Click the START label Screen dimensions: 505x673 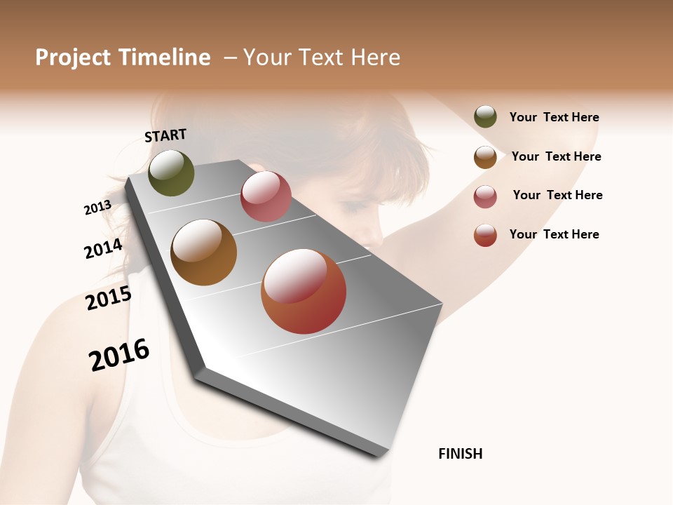click(x=165, y=135)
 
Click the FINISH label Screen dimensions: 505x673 click(x=461, y=454)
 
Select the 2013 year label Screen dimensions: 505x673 click(x=97, y=208)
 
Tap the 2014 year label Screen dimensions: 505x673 click(x=104, y=249)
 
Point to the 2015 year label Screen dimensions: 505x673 click(x=109, y=298)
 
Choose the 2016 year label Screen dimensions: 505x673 click(x=119, y=355)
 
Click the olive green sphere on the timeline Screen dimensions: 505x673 click(x=171, y=173)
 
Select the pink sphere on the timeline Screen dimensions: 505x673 click(x=266, y=196)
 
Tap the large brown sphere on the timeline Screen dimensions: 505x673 click(x=204, y=252)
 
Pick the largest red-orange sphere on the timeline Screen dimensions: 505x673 click(x=304, y=291)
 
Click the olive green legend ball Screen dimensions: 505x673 click(x=485, y=116)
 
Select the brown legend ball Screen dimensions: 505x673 click(x=485, y=157)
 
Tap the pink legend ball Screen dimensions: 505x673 click(x=485, y=196)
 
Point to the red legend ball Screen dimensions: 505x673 click(x=485, y=235)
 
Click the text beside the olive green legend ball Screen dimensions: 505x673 click(x=554, y=118)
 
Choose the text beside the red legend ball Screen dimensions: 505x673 click(x=554, y=234)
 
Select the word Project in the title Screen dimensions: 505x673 click(x=73, y=58)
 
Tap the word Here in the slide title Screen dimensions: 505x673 click(x=375, y=58)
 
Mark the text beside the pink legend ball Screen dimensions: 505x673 click(x=557, y=195)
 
